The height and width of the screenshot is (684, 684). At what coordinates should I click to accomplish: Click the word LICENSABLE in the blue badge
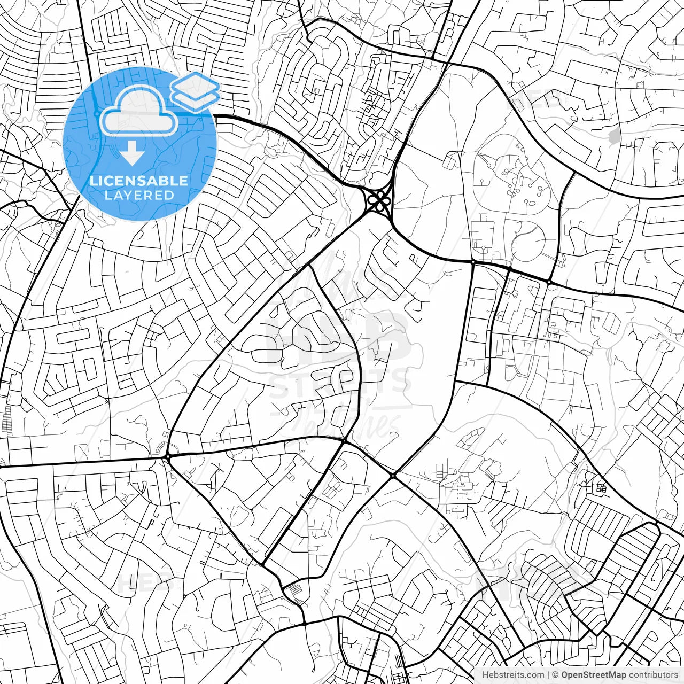[x=139, y=181]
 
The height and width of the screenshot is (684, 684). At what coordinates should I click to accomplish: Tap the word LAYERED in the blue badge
[x=139, y=195]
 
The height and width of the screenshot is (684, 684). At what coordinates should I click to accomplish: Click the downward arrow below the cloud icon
[x=132, y=155]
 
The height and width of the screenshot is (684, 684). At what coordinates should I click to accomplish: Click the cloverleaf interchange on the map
[x=379, y=202]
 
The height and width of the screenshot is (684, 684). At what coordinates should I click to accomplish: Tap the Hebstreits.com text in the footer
[x=512, y=675]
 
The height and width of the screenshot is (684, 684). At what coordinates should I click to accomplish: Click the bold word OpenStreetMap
[x=593, y=675]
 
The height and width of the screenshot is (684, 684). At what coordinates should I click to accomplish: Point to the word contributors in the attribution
[x=652, y=675]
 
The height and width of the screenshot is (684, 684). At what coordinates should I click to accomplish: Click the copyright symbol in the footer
[x=555, y=675]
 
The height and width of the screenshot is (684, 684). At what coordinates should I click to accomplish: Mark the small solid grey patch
[x=615, y=136]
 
